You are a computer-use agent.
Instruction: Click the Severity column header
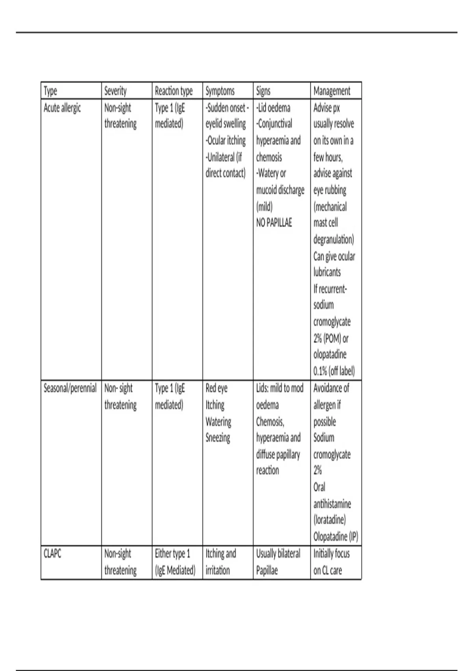pyautogui.click(x=115, y=91)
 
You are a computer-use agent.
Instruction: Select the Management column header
pyautogui.click(x=331, y=91)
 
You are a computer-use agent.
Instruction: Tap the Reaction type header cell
pyautogui.click(x=173, y=91)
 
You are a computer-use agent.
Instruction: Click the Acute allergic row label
pyautogui.click(x=62, y=108)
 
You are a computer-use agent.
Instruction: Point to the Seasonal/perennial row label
pyautogui.click(x=70, y=388)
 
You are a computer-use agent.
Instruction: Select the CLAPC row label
pyautogui.click(x=52, y=554)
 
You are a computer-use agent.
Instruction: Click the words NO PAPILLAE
pyautogui.click(x=274, y=223)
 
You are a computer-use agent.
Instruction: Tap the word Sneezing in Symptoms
pyautogui.click(x=218, y=438)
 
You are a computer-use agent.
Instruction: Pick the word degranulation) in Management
pyautogui.click(x=333, y=240)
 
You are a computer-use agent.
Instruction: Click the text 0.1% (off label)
pyautogui.click(x=334, y=371)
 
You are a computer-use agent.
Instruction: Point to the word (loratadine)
pyautogui.click(x=330, y=520)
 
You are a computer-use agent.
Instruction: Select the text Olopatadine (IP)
pyautogui.click(x=335, y=537)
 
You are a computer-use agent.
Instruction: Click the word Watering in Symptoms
pyautogui.click(x=218, y=422)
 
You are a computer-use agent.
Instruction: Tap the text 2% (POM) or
pyautogui.click(x=331, y=339)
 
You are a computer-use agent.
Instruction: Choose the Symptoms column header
pyautogui.click(x=220, y=91)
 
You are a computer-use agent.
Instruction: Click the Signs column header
pyautogui.click(x=263, y=91)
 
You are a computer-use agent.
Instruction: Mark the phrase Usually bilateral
pyautogui.click(x=278, y=554)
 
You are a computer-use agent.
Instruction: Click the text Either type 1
pyautogui.click(x=172, y=554)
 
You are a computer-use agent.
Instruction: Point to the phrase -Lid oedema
pyautogui.click(x=273, y=108)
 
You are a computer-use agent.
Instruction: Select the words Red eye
pyautogui.click(x=216, y=388)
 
